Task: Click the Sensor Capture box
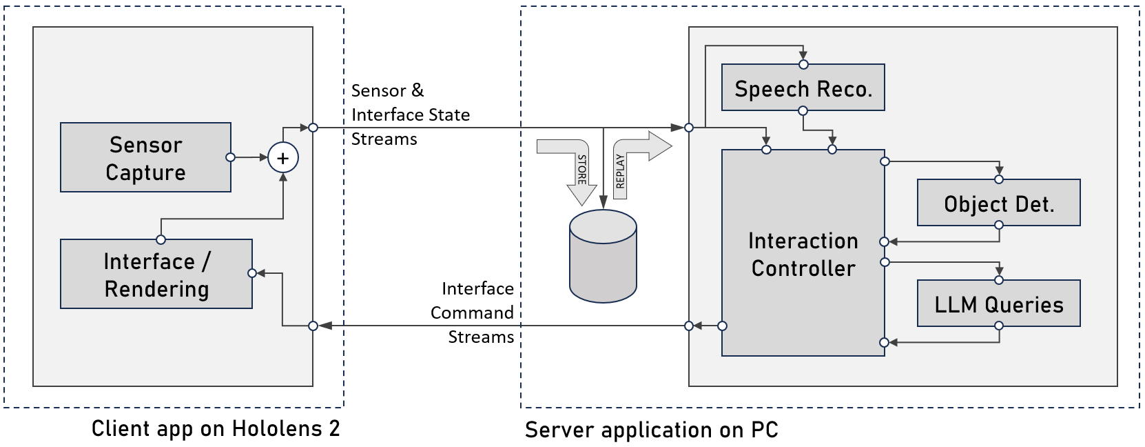pyautogui.click(x=145, y=157)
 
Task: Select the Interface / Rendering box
pyautogui.click(x=156, y=274)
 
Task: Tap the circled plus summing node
pyautogui.click(x=282, y=158)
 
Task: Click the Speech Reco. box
pyautogui.click(x=803, y=88)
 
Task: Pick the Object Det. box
pyautogui.click(x=998, y=203)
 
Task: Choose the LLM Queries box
pyautogui.click(x=998, y=304)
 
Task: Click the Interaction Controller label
pyautogui.click(x=803, y=254)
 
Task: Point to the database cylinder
pyautogui.click(x=603, y=256)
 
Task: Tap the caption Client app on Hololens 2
pyautogui.click(x=216, y=428)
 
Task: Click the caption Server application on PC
pyautogui.click(x=651, y=430)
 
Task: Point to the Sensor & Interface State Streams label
pyautogui.click(x=410, y=115)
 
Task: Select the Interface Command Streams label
pyautogui.click(x=474, y=312)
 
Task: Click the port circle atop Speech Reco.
pyautogui.click(x=803, y=64)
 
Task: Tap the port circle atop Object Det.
pyautogui.click(x=999, y=179)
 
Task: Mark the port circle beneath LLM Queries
pyautogui.click(x=999, y=326)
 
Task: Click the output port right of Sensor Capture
pyautogui.click(x=231, y=157)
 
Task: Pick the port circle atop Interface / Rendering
pyautogui.click(x=161, y=239)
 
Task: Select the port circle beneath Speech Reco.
pyautogui.click(x=803, y=110)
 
